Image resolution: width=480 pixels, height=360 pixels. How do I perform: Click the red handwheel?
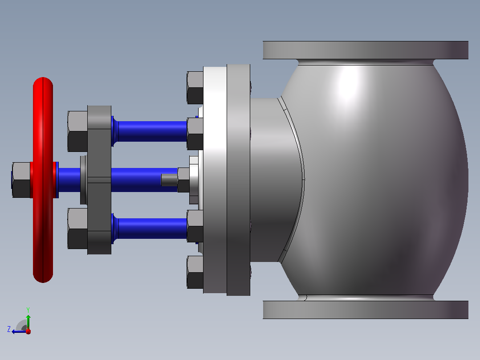[43, 180]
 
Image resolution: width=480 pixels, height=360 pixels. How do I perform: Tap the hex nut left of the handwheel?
[21, 180]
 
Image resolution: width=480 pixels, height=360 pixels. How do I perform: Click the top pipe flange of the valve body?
[366, 50]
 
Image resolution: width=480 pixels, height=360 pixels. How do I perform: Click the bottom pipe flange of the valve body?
[366, 310]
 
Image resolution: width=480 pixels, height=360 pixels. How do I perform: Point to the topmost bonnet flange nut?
[195, 88]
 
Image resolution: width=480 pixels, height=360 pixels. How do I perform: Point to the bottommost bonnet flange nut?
[195, 272]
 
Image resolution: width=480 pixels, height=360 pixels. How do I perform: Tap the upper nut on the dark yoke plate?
[77, 131]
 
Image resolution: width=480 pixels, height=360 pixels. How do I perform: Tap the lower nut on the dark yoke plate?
[77, 229]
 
